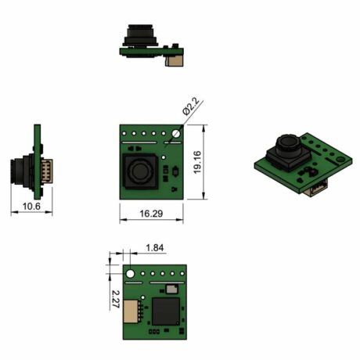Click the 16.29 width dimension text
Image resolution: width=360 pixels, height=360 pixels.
click(152, 213)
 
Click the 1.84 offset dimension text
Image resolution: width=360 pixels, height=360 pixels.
click(155, 248)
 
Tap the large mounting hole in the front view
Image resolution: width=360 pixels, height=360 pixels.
click(176, 134)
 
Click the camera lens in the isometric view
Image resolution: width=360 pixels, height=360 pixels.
click(285, 146)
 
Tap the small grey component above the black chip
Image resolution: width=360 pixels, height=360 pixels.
click(171, 290)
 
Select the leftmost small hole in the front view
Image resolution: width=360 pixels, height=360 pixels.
click(127, 135)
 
